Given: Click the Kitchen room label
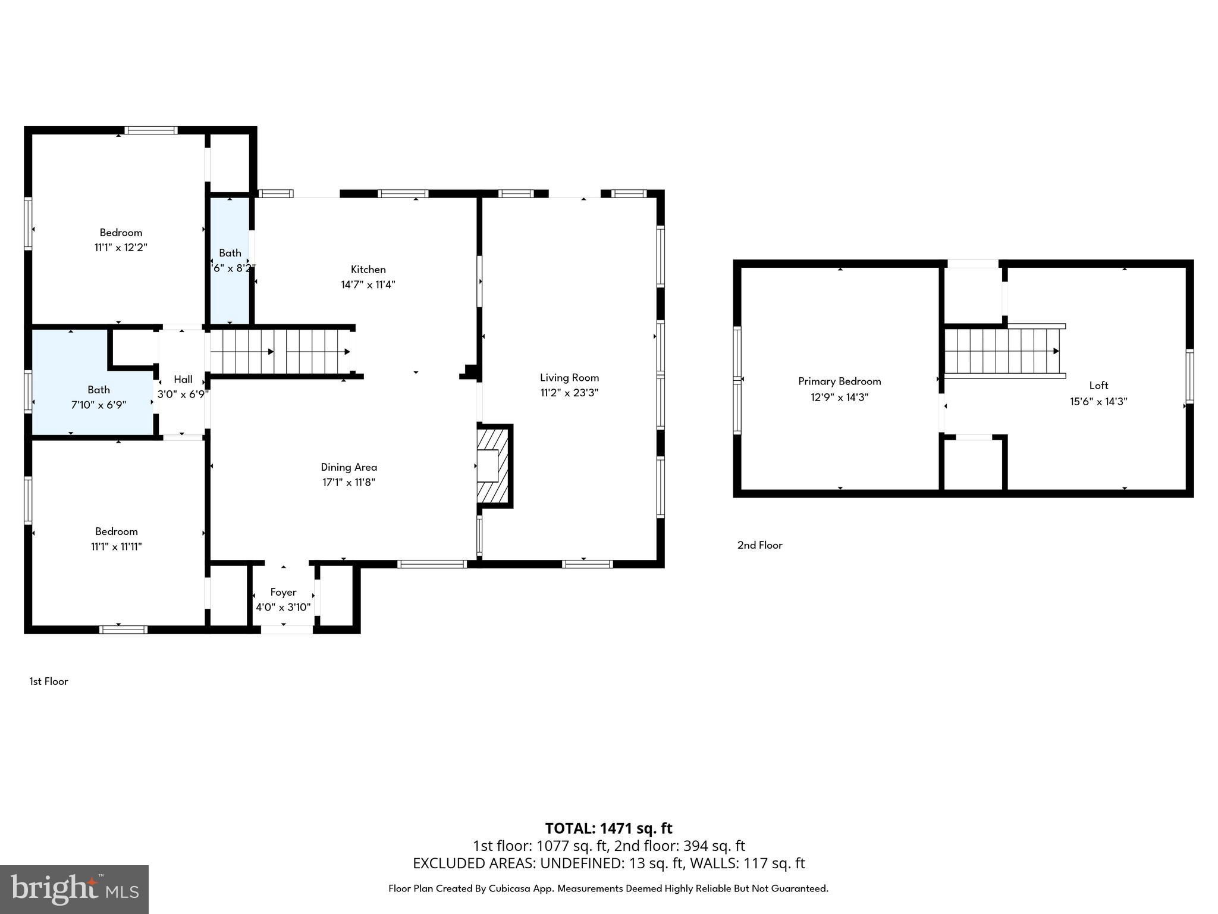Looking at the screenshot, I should pos(368,270).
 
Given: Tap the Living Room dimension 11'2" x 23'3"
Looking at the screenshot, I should pos(569,393).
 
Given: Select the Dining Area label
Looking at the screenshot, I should pos(349,467).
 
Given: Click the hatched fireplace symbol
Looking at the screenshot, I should pos(494,465).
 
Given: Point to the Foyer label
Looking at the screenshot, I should pos(283,592).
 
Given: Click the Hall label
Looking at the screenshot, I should pos(183,379).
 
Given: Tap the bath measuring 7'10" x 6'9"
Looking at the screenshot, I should pos(98,397).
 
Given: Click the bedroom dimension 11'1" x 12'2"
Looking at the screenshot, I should pos(121,248).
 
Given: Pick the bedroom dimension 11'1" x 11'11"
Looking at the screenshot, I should pos(116,547).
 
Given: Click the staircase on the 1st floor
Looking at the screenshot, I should pos(280,352).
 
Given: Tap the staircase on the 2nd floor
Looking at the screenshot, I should pos(1003,351).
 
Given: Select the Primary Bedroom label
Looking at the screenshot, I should pos(839,381).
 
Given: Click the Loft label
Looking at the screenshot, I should pos(1098,385).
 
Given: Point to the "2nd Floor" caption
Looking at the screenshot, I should pos(759,545).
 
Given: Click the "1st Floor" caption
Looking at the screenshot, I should pos(49,681).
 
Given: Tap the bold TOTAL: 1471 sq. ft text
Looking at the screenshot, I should pos(608,828).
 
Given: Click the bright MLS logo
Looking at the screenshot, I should pos(74,889).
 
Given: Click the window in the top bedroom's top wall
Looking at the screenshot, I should pos(151,130).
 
